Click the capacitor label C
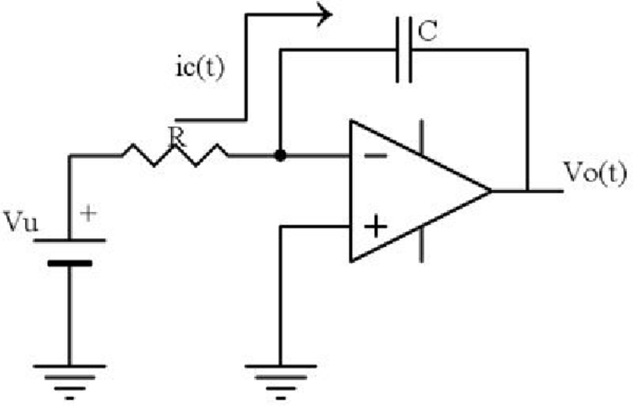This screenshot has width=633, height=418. click(x=427, y=31)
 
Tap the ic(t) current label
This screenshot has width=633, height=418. click(x=200, y=67)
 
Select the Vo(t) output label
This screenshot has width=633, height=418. click(x=595, y=173)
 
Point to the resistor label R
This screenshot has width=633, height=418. click(x=177, y=137)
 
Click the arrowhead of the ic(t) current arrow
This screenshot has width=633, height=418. click(x=324, y=14)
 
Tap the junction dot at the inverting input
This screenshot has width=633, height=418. click(x=280, y=155)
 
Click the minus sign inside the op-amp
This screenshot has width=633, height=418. click(x=375, y=155)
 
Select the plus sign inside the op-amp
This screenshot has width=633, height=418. click(x=375, y=226)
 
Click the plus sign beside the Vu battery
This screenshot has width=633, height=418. click(x=88, y=213)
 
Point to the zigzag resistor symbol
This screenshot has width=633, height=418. click(x=175, y=155)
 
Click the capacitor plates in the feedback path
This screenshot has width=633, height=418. click(x=404, y=50)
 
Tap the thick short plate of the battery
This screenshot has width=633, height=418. click(x=70, y=263)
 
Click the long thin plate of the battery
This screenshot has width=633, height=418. click(x=70, y=240)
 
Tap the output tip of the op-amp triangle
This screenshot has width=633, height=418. click(x=491, y=191)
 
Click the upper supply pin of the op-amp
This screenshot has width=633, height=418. click(x=421, y=137)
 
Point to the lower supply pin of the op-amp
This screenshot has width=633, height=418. click(x=421, y=245)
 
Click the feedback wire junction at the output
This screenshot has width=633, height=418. click(x=527, y=191)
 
